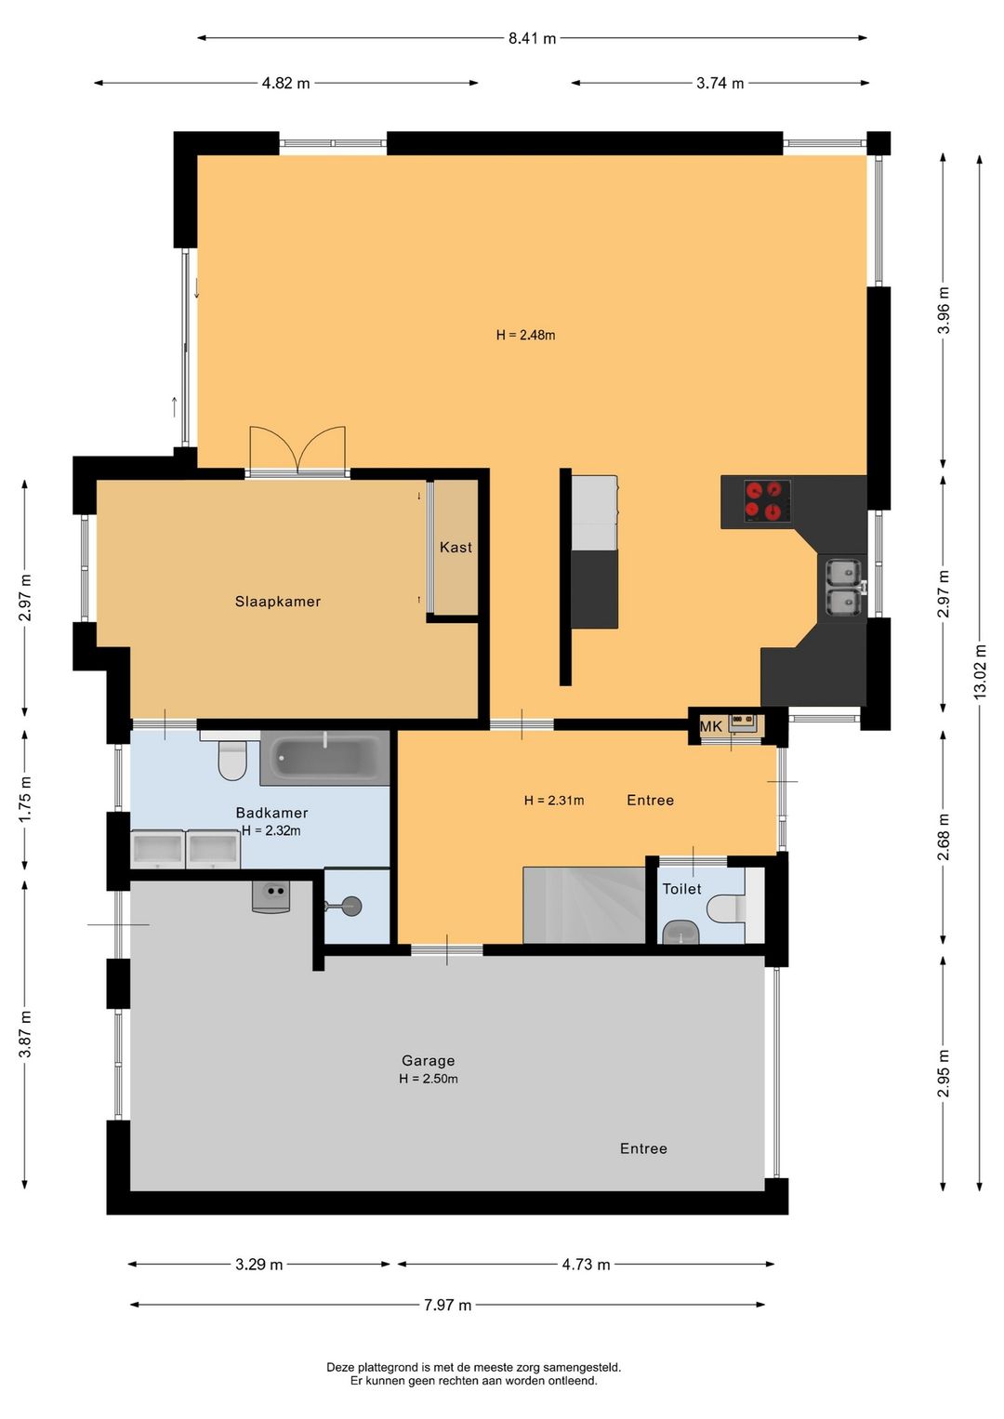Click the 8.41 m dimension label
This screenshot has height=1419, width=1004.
click(532, 39)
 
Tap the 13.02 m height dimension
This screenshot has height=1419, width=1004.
click(980, 671)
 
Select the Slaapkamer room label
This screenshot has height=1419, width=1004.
click(277, 602)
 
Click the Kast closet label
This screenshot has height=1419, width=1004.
click(456, 547)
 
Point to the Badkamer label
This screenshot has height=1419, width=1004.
click(271, 813)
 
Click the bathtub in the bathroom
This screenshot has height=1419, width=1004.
click(325, 758)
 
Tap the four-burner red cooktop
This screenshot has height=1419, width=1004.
click(767, 501)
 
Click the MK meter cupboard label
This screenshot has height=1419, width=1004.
click(711, 726)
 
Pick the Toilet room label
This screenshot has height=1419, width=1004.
click(681, 889)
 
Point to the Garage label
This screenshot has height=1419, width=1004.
click(429, 1060)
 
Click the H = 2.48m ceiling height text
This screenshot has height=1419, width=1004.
click(526, 335)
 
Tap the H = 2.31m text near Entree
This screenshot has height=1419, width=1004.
click(554, 801)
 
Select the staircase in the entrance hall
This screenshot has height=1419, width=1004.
click(584, 906)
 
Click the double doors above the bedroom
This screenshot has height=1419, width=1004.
click(297, 450)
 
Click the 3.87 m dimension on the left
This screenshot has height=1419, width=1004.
click(25, 1034)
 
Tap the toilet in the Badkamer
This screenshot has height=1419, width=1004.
click(231, 758)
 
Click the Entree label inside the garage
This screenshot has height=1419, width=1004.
click(643, 1148)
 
